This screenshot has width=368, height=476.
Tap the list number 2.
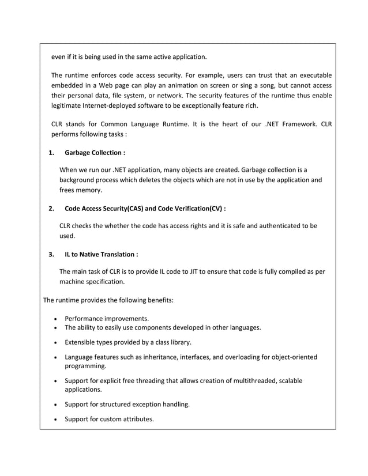51,208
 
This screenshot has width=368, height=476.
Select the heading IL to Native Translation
101,254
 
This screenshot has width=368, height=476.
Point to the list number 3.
51,254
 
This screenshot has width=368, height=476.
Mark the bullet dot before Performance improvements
55,319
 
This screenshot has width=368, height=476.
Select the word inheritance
164,357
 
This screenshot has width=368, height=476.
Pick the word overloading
243,357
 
